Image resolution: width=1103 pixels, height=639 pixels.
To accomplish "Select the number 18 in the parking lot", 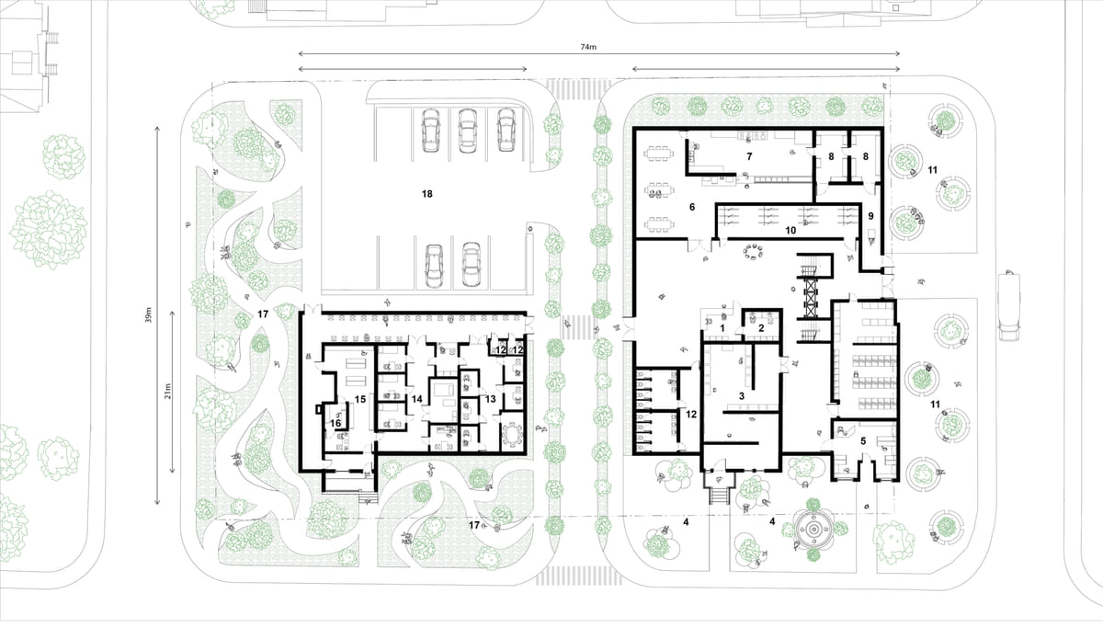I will (426, 194).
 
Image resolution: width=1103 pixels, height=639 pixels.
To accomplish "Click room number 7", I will (750, 157).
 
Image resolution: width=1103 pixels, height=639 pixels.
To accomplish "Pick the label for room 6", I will (691, 208).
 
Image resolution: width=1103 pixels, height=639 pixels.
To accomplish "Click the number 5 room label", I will (862, 441).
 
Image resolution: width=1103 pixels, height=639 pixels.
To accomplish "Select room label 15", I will (360, 399).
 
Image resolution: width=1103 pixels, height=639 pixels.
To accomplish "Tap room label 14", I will (416, 399).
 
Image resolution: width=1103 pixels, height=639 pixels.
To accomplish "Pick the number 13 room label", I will (490, 399).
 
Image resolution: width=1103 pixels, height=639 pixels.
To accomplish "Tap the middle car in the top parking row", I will (467, 131).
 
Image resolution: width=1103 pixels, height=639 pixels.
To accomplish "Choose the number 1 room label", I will (723, 327).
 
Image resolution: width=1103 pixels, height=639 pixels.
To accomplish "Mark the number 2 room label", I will (762, 327).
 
